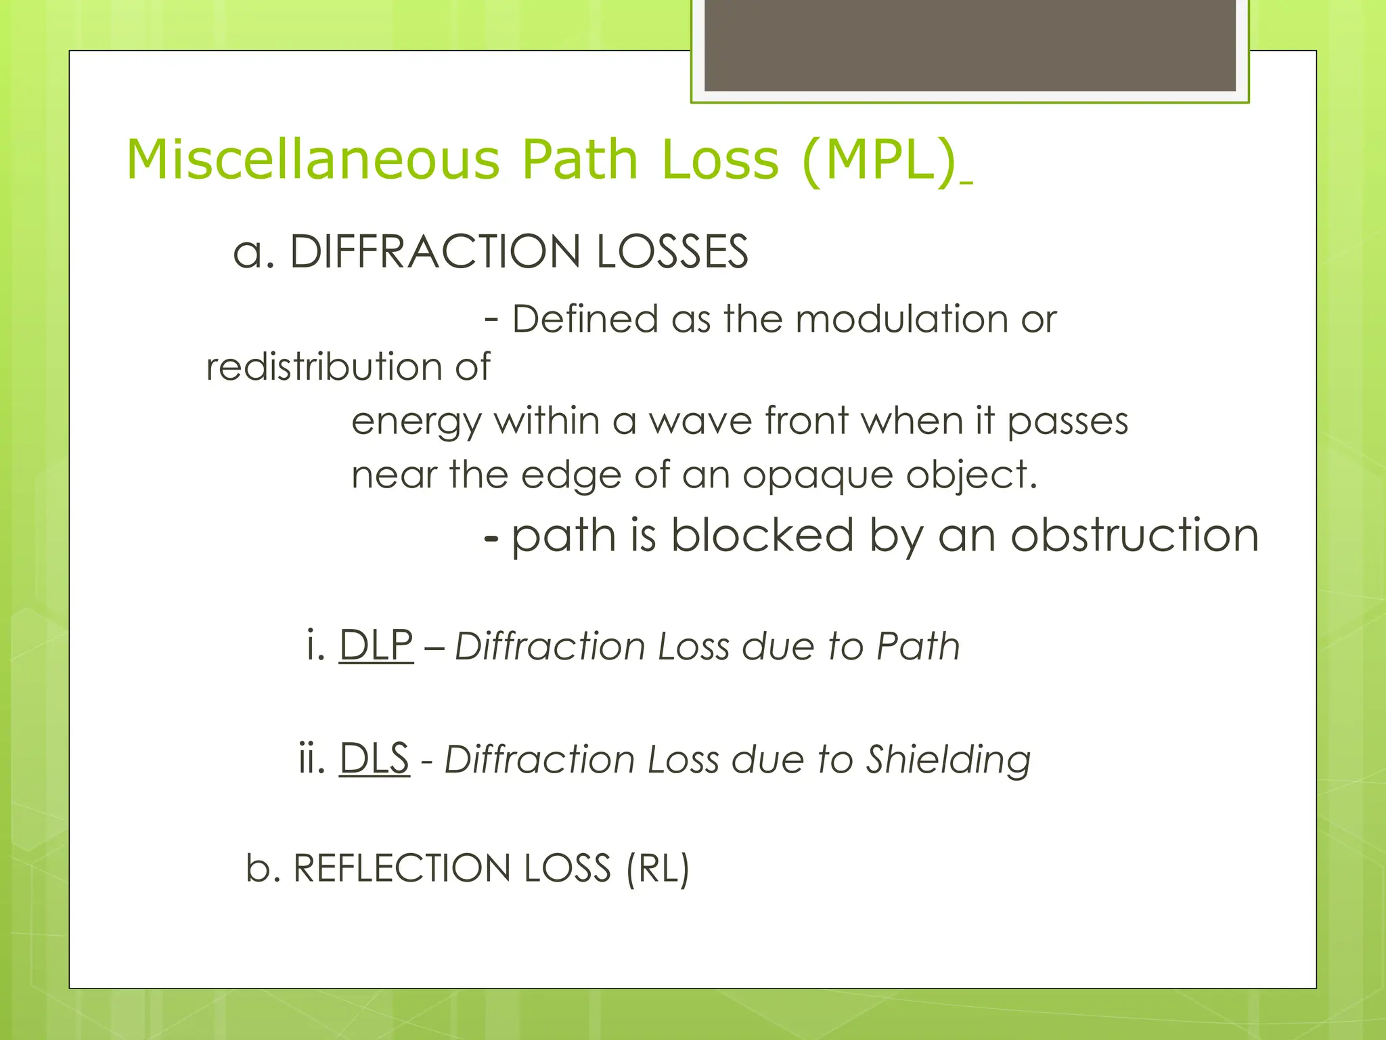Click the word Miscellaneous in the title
coord(313,160)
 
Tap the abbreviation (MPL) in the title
coord(878,160)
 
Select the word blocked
coord(763,536)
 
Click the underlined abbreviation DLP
coord(376,645)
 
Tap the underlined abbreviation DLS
coord(374,758)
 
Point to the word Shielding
coord(948,760)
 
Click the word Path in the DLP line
coord(918,646)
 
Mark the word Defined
coord(585,319)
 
